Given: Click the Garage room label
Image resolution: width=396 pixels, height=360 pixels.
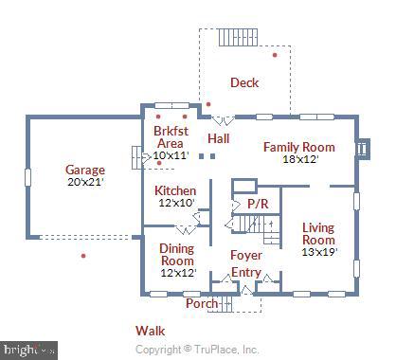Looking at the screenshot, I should (x=85, y=171).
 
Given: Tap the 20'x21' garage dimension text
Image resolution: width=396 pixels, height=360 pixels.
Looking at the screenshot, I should (x=85, y=183).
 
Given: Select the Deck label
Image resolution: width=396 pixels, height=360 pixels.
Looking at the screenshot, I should (x=244, y=83).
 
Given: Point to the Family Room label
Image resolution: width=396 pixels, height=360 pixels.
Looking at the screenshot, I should (x=298, y=147).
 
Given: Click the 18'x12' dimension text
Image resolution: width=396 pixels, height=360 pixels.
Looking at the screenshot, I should (x=298, y=159).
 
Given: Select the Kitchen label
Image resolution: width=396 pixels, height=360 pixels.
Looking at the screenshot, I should (x=174, y=190).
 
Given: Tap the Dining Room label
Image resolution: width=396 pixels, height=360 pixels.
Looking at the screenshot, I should (x=176, y=254).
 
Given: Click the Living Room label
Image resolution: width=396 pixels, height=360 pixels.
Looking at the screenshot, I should (x=318, y=233).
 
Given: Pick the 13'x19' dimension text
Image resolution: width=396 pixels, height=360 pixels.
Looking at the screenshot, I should (x=318, y=252).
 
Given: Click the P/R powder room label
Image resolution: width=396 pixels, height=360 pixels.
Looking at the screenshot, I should (x=257, y=204).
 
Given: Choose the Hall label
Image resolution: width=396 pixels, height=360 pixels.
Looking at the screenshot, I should (x=219, y=139).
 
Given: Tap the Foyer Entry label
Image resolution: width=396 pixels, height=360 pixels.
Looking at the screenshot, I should (x=246, y=263).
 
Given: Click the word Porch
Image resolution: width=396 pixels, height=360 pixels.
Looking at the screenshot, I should (x=201, y=304).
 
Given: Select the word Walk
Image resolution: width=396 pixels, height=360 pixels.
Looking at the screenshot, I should (x=150, y=331).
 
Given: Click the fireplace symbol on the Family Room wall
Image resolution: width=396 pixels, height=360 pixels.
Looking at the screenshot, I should (x=361, y=149).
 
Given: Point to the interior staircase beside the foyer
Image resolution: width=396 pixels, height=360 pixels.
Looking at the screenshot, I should (x=254, y=226).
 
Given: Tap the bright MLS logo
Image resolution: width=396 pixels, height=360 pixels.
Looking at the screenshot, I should (x=28, y=350).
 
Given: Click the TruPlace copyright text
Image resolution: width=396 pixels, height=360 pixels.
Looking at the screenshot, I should (x=197, y=350).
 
